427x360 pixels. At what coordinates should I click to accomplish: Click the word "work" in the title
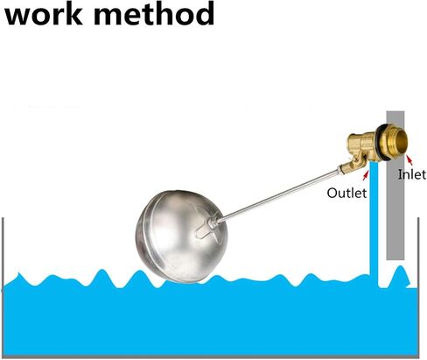tap(44, 14)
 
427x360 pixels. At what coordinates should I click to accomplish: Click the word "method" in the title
tap(154, 13)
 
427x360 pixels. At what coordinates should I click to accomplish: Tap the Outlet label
tap(346, 193)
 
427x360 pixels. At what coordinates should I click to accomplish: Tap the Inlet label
tap(412, 174)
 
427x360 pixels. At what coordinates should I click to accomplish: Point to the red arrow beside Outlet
tap(366, 176)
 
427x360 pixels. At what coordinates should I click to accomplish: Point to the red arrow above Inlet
tap(409, 160)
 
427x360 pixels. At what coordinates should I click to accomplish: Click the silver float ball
tap(181, 236)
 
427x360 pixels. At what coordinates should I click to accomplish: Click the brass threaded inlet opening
tap(397, 142)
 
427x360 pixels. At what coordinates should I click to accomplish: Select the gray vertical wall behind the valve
tap(395, 186)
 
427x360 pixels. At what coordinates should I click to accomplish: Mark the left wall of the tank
tap(3, 286)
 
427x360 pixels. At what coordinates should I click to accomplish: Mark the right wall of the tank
tap(419, 286)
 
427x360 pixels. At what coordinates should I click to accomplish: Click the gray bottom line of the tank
tap(211, 356)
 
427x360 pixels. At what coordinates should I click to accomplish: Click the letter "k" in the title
tap(75, 13)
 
